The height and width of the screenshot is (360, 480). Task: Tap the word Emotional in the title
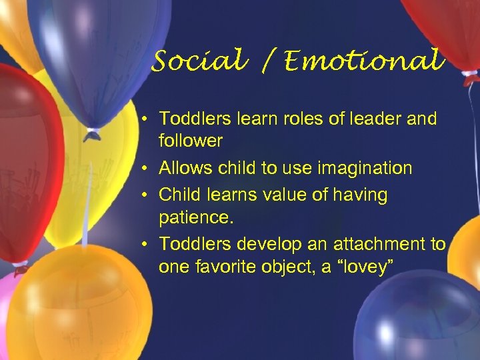[363, 61]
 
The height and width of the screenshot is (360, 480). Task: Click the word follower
[190, 141]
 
